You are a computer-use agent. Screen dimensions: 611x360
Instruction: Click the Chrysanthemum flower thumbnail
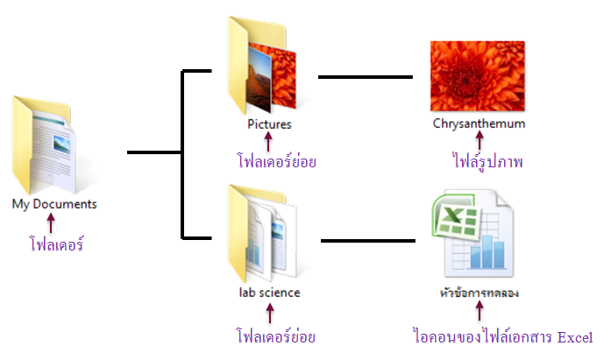478,76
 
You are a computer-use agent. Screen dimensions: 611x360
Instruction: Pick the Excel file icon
473,234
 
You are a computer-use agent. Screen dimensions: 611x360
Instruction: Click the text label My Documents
54,204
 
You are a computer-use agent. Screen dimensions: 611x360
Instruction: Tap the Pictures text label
269,124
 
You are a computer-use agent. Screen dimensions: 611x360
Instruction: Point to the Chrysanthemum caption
479,124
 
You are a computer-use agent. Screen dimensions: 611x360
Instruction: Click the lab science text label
270,293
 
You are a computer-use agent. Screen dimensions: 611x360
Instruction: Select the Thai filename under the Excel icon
480,293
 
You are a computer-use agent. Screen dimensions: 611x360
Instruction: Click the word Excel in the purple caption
575,337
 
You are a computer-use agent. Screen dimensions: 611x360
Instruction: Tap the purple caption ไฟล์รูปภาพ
487,160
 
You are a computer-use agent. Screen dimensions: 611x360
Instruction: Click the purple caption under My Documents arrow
56,244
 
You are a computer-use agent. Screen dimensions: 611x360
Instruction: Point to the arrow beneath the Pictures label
268,141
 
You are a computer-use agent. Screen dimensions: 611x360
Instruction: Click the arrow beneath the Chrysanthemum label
480,140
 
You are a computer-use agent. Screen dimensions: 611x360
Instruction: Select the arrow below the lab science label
270,314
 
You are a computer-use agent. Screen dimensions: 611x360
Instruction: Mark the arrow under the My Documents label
51,222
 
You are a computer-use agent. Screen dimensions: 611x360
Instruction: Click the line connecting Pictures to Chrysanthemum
366,77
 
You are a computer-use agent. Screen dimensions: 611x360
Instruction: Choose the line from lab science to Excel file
368,241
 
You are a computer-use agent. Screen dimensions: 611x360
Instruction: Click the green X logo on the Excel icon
455,215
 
